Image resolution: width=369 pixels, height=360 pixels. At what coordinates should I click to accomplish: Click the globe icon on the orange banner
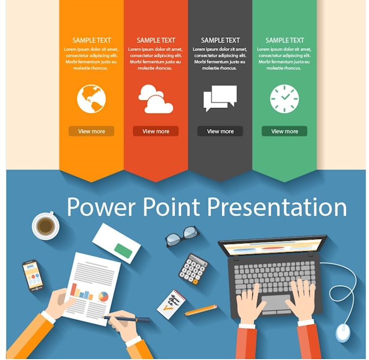click(x=91, y=99)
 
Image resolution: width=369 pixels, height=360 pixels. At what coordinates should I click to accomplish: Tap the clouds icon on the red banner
click(x=156, y=99)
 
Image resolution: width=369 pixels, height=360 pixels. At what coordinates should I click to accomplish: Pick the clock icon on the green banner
click(x=284, y=99)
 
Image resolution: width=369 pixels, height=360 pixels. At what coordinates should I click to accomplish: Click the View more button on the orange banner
click(x=91, y=131)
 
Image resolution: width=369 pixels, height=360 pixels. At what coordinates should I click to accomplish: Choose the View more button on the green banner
click(x=284, y=131)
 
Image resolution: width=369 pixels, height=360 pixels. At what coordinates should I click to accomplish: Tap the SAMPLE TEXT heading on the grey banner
click(x=220, y=41)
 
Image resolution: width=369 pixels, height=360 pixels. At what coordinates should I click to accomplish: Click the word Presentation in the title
click(x=277, y=207)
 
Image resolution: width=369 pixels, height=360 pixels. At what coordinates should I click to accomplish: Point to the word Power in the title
click(x=101, y=207)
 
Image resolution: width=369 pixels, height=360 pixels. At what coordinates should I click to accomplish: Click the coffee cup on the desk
click(x=46, y=226)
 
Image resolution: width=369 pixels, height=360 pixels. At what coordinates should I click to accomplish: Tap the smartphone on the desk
click(x=33, y=275)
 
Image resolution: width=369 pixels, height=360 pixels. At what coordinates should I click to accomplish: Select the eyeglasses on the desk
click(x=182, y=236)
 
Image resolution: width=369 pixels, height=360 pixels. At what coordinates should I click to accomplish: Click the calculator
click(x=193, y=269)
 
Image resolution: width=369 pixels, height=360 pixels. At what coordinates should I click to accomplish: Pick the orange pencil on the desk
click(x=201, y=310)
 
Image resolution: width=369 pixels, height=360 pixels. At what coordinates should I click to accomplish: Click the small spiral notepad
click(x=171, y=304)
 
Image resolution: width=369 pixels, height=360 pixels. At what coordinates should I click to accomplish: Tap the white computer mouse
click(x=342, y=332)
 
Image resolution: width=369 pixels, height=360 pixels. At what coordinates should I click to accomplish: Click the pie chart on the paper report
click(x=103, y=297)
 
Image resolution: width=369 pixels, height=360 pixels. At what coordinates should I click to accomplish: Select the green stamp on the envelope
click(x=123, y=251)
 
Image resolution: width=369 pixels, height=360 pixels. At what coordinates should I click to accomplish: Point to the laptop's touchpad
click(x=276, y=303)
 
